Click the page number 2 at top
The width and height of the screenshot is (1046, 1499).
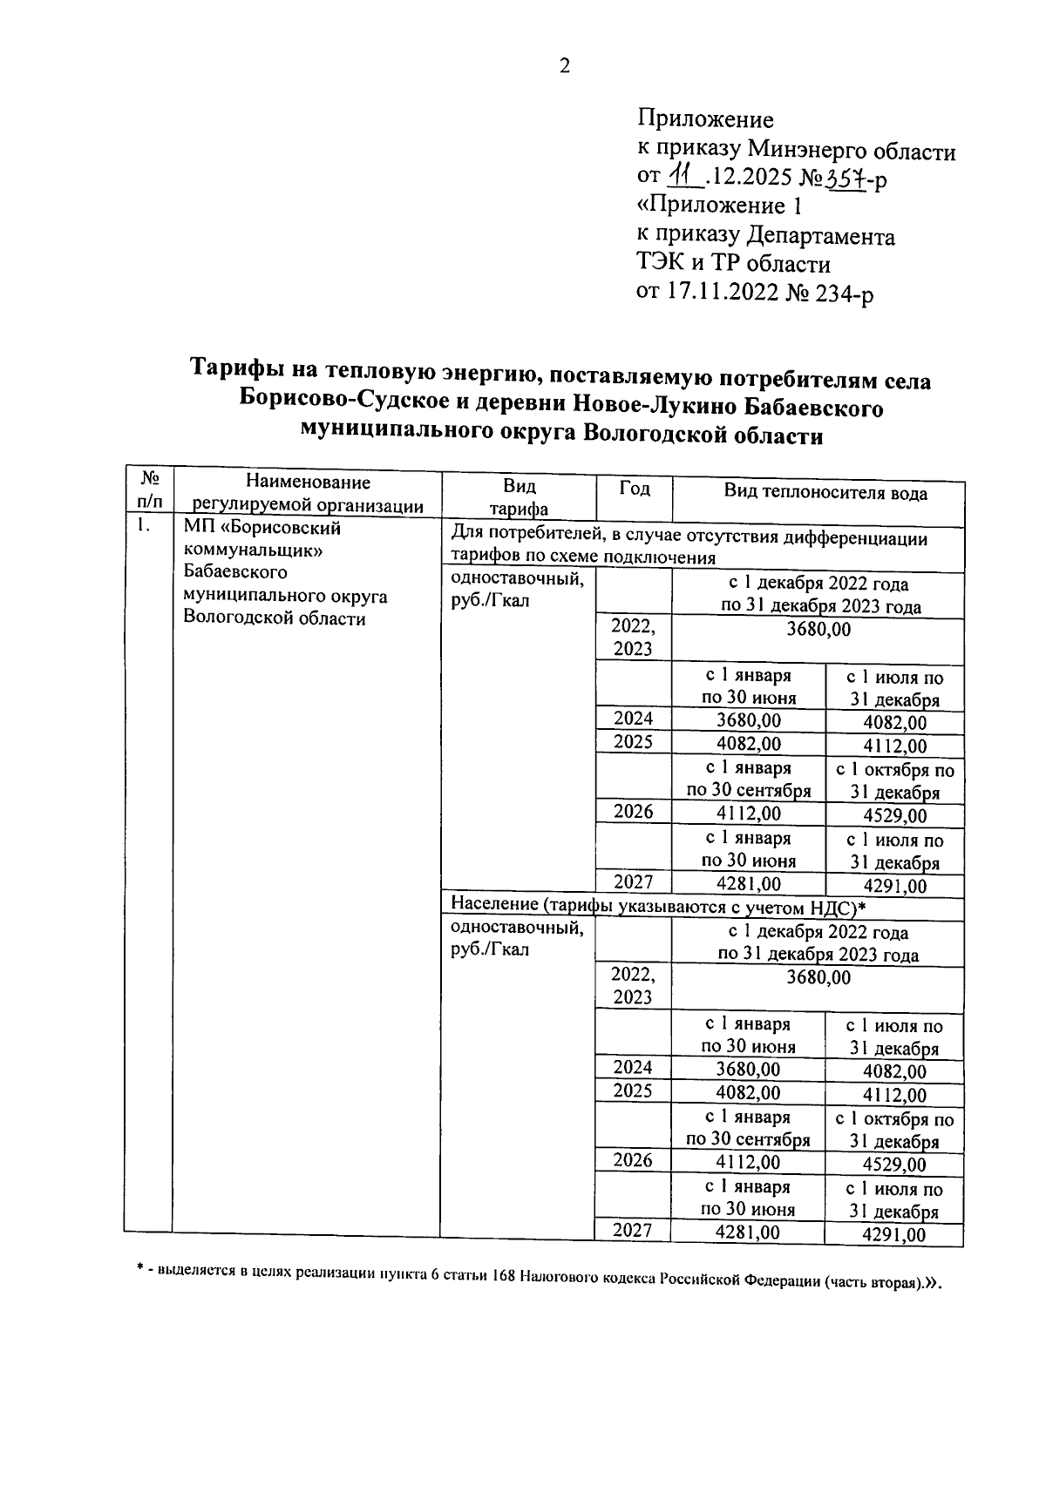point(564,66)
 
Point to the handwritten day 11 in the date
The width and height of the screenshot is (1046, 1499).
point(683,178)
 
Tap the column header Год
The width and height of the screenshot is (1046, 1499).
point(634,489)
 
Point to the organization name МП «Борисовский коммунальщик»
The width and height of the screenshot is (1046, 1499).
point(261,539)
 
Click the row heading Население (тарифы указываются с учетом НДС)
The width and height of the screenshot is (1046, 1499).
point(654,908)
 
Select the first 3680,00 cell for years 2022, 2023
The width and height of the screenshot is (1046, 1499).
point(818,629)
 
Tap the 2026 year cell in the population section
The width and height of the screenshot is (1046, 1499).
point(632,1160)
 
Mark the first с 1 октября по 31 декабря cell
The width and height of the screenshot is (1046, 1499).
point(894,781)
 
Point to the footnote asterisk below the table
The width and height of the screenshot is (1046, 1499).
point(139,1273)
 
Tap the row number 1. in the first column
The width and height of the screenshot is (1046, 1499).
point(145,526)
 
